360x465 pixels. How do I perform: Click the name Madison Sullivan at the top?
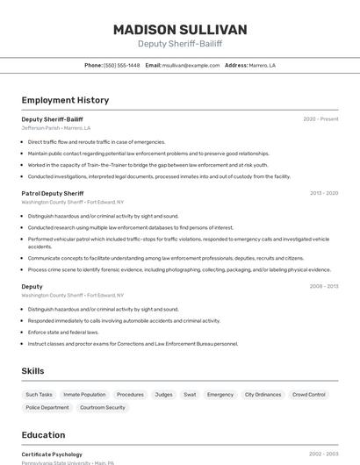click(x=180, y=29)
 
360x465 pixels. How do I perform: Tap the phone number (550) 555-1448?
click(x=121, y=65)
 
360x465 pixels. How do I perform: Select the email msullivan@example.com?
click(x=191, y=65)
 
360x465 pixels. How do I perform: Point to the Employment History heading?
click(x=65, y=100)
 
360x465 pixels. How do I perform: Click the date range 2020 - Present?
click(x=320, y=119)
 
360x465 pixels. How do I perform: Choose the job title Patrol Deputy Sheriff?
click(x=53, y=193)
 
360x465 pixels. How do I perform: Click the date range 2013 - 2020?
click(x=324, y=193)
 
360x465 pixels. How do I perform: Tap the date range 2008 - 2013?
click(x=324, y=286)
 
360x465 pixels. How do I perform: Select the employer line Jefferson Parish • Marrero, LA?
click(x=56, y=128)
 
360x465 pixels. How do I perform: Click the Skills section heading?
click(x=33, y=371)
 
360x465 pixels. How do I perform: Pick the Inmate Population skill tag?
click(x=84, y=395)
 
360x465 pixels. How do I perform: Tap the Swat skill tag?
click(x=190, y=395)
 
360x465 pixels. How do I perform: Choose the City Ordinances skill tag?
click(x=263, y=395)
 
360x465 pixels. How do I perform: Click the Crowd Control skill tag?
click(x=309, y=395)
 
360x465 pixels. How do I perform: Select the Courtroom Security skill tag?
click(x=103, y=407)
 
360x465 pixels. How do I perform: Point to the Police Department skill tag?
click(x=47, y=407)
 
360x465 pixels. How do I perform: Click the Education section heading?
click(x=43, y=435)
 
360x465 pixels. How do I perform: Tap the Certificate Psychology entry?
click(x=52, y=454)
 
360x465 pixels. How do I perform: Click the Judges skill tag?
click(x=163, y=395)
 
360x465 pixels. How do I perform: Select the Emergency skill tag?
click(x=220, y=395)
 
